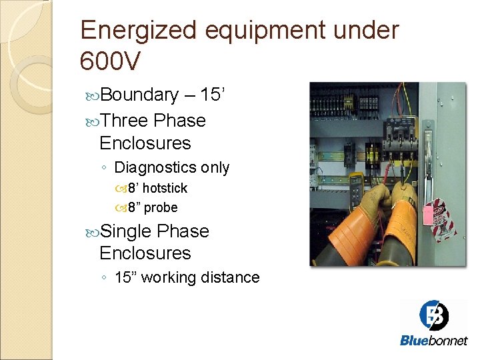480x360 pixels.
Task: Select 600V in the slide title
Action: pyautogui.click(x=110, y=61)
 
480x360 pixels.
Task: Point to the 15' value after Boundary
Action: pyautogui.click(x=215, y=95)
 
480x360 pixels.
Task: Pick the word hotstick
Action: pyautogui.click(x=165, y=188)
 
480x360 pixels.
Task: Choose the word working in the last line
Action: pyautogui.click(x=179, y=277)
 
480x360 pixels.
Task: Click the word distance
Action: pyautogui.click(x=231, y=277)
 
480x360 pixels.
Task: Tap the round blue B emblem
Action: pyautogui.click(x=434, y=315)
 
